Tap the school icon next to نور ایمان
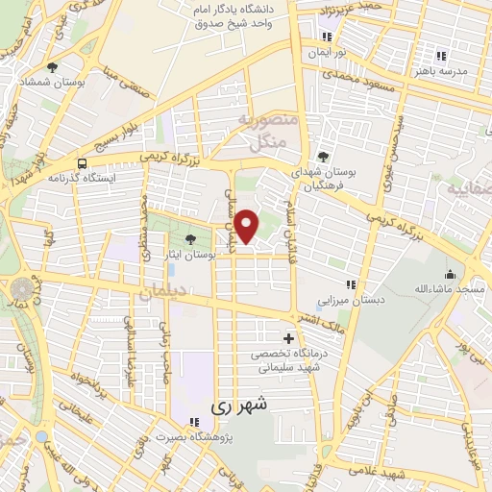pos(327,37)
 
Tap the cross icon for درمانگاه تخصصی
pos(288,338)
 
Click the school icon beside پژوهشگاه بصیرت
pos(194,421)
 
